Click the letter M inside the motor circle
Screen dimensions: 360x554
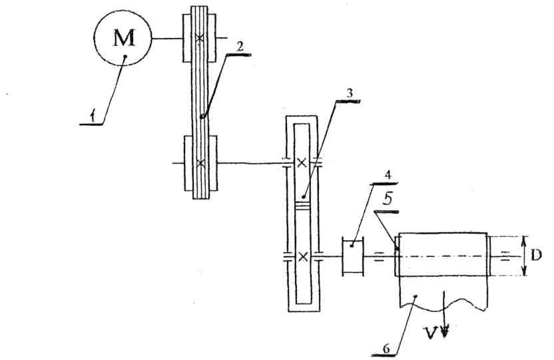click(124, 39)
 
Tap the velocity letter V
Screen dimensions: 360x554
click(434, 330)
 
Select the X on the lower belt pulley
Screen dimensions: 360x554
click(200, 162)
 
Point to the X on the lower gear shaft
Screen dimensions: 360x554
click(303, 256)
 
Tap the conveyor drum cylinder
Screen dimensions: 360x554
click(443, 255)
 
